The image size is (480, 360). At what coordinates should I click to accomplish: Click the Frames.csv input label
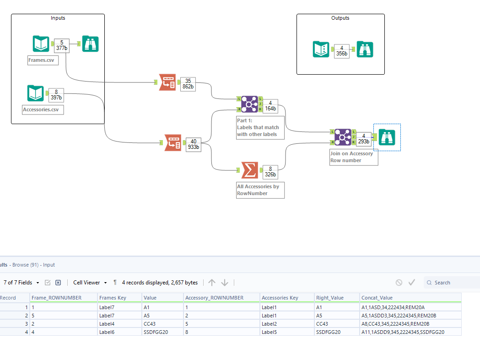point(43,60)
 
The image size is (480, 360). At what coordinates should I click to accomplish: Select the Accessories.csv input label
point(43,110)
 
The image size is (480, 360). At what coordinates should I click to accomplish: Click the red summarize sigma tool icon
point(249,170)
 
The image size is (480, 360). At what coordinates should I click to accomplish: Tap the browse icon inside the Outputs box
point(365,49)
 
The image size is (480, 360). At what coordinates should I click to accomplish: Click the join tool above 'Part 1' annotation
point(249,104)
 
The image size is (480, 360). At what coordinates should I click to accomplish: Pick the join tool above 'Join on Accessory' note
point(342,137)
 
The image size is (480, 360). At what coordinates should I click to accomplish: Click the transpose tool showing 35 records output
point(167,82)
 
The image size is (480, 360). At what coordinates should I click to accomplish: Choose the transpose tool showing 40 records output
point(173,143)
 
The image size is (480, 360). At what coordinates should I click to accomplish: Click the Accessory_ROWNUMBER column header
point(214,298)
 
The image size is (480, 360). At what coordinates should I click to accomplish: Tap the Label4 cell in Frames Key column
point(108,323)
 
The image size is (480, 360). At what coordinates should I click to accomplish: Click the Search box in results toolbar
point(453,283)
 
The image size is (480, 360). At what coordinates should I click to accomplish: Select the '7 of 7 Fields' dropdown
point(21,283)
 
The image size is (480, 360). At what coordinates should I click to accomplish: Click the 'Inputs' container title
point(58,18)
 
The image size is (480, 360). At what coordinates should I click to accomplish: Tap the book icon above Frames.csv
point(41,44)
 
